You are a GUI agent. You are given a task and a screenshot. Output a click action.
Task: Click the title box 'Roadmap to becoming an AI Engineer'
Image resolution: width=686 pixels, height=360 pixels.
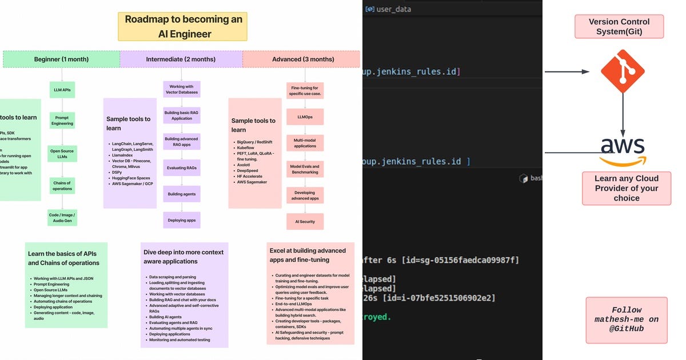[x=183, y=26]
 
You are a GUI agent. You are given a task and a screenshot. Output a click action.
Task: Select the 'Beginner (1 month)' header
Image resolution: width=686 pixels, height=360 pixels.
[x=62, y=59]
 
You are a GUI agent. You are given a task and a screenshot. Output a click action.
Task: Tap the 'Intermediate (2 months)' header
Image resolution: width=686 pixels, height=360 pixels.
[x=181, y=59]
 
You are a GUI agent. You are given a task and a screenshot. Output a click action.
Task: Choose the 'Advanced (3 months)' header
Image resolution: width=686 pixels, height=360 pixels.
[x=302, y=59]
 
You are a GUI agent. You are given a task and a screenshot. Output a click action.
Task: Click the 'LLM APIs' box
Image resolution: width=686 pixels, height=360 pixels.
[x=62, y=90]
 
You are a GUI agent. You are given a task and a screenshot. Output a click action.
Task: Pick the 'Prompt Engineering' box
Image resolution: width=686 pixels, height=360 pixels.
[x=62, y=121]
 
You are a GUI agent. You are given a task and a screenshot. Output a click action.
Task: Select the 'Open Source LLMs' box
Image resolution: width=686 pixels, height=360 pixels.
[x=62, y=154]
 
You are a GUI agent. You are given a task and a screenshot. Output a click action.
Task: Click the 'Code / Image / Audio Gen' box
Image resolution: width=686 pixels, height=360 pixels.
[x=62, y=217]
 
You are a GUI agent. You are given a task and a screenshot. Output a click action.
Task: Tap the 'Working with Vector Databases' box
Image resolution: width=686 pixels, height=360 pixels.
[x=181, y=89]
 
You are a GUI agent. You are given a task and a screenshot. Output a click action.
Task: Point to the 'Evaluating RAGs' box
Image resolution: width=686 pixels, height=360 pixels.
[x=181, y=167]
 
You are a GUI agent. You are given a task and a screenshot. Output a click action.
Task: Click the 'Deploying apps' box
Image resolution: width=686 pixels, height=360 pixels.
[x=181, y=220]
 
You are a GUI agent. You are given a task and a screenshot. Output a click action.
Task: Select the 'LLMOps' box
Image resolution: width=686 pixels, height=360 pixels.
[x=305, y=117]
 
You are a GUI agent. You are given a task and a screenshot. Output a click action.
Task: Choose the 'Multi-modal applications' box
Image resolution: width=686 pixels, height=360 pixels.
[x=305, y=143]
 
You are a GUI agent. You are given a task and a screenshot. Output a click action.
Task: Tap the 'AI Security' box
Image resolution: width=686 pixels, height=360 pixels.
[x=305, y=221]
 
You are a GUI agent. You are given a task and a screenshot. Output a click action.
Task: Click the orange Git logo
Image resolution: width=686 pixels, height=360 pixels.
[x=623, y=71]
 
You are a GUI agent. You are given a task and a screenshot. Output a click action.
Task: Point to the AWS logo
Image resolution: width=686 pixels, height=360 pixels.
[x=622, y=150]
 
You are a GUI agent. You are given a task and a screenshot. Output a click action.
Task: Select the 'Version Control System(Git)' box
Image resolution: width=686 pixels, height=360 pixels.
[x=619, y=26]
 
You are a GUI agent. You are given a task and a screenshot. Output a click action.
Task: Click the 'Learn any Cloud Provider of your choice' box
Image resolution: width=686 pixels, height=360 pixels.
[x=626, y=188]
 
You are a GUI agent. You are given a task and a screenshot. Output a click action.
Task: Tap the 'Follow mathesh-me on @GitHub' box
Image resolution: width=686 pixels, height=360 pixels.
[x=626, y=319]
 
